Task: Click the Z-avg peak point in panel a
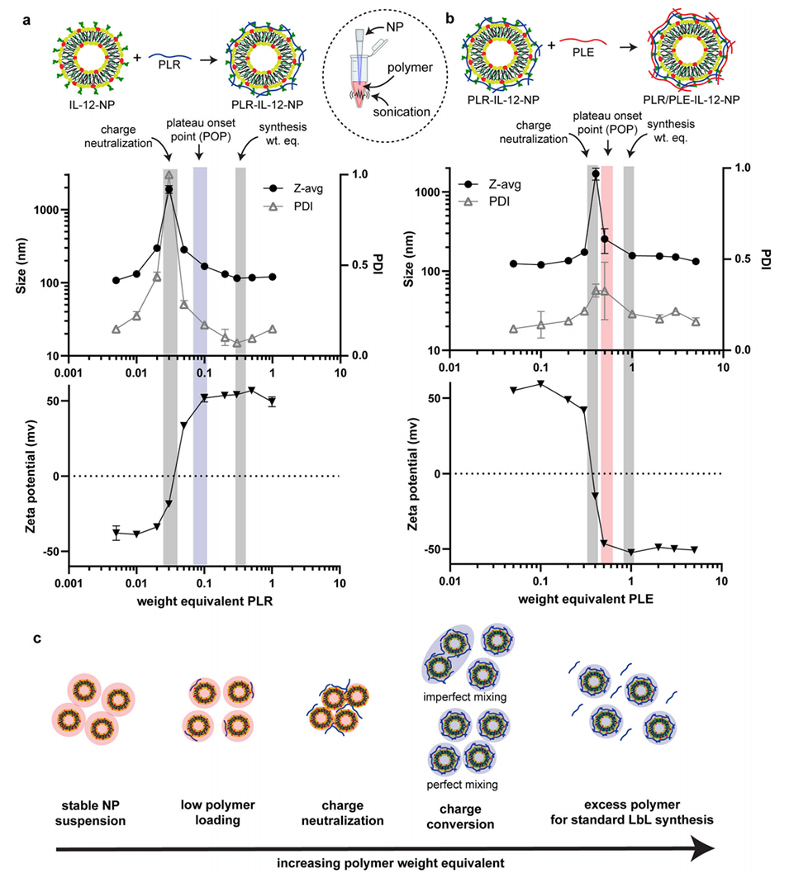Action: click(169, 189)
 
